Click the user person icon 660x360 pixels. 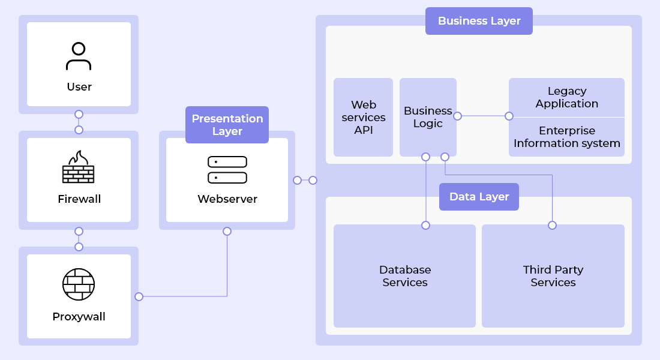79,56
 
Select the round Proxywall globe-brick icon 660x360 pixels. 79,284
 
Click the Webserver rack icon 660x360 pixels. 227,170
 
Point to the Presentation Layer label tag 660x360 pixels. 227,125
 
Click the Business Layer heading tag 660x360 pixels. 479,21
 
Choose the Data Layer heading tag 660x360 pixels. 479,197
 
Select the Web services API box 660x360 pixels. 363,118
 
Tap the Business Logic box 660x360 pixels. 428,118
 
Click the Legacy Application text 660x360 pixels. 566,97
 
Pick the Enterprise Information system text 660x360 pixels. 566,137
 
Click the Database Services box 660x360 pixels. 404,276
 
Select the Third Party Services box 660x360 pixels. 553,276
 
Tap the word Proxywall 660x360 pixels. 79,317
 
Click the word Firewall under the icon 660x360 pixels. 79,199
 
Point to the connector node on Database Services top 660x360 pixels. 425,226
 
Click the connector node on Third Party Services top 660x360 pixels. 552,226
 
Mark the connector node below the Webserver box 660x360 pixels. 227,231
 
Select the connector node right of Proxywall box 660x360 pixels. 139,296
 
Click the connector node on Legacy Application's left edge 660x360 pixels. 509,116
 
